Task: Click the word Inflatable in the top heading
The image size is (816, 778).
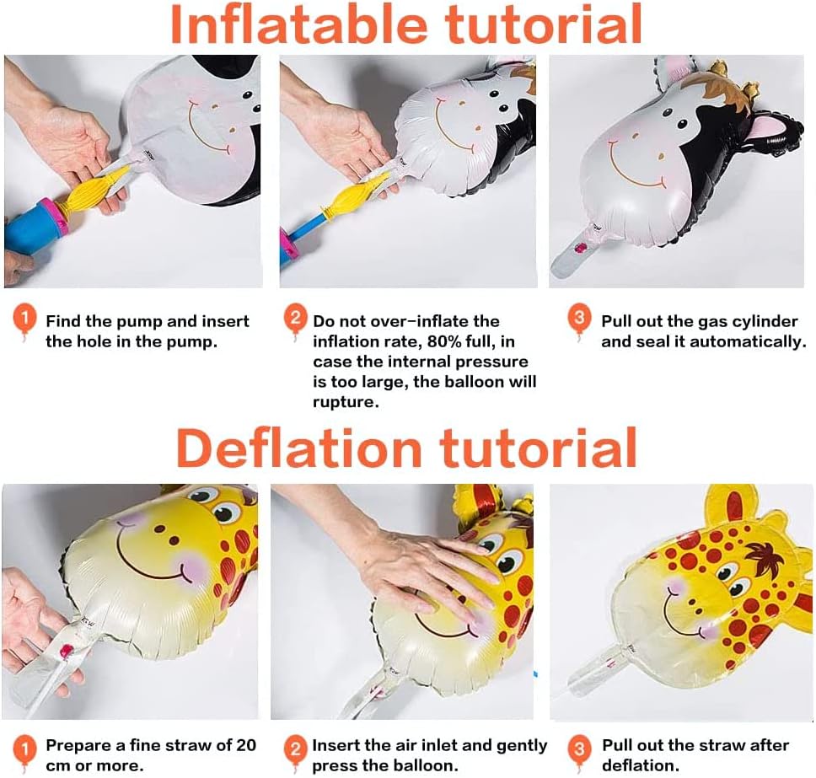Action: click(x=298, y=24)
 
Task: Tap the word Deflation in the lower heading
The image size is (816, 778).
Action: click(x=298, y=448)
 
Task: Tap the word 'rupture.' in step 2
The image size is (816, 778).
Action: click(x=346, y=402)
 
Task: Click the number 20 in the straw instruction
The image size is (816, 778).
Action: click(x=246, y=744)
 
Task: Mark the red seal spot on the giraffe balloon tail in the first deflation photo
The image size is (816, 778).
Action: click(x=66, y=651)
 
